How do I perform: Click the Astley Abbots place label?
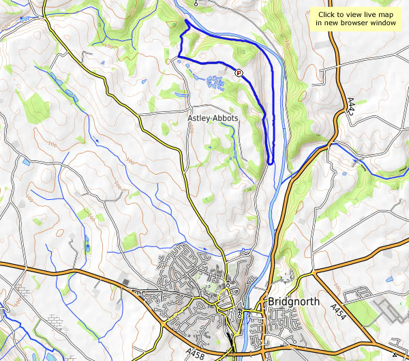pos(213,118)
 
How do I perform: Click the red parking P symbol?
pos(239,72)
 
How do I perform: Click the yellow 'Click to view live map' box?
pos(355,18)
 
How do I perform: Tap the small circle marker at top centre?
pos(196,3)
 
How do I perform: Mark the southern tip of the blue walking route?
pos(271,163)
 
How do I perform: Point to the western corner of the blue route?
pos(179,55)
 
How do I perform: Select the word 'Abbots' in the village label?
pos(226,118)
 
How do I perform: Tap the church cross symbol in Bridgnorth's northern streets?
pos(228,282)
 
